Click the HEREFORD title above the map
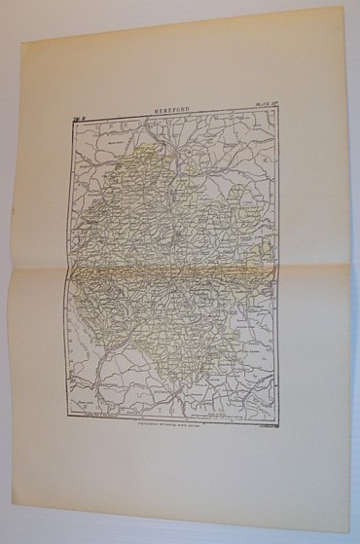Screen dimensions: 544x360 [177, 112]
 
